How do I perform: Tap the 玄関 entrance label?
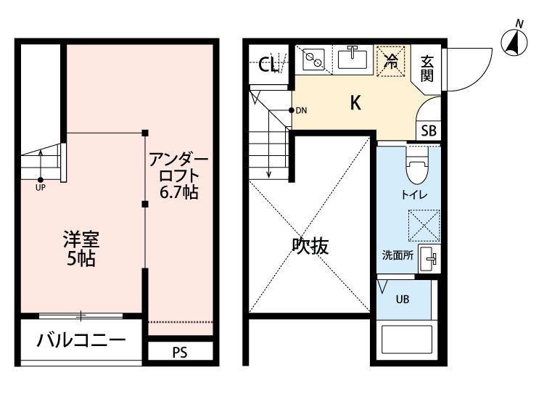pyautogui.click(x=427, y=67)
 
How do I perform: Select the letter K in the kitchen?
pyautogui.click(x=355, y=103)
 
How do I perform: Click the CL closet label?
pyautogui.click(x=268, y=65)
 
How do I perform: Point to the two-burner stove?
pyautogui.click(x=314, y=57)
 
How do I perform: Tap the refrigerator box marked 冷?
pyautogui.click(x=392, y=59)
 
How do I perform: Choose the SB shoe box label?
pyautogui.click(x=429, y=131)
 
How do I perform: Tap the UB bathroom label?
pyautogui.click(x=401, y=299)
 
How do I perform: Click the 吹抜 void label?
pyautogui.click(x=310, y=246)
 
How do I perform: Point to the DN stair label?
pyautogui.click(x=302, y=110)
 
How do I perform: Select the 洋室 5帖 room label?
pyautogui.click(x=81, y=248)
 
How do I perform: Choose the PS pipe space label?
pyautogui.click(x=181, y=353)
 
